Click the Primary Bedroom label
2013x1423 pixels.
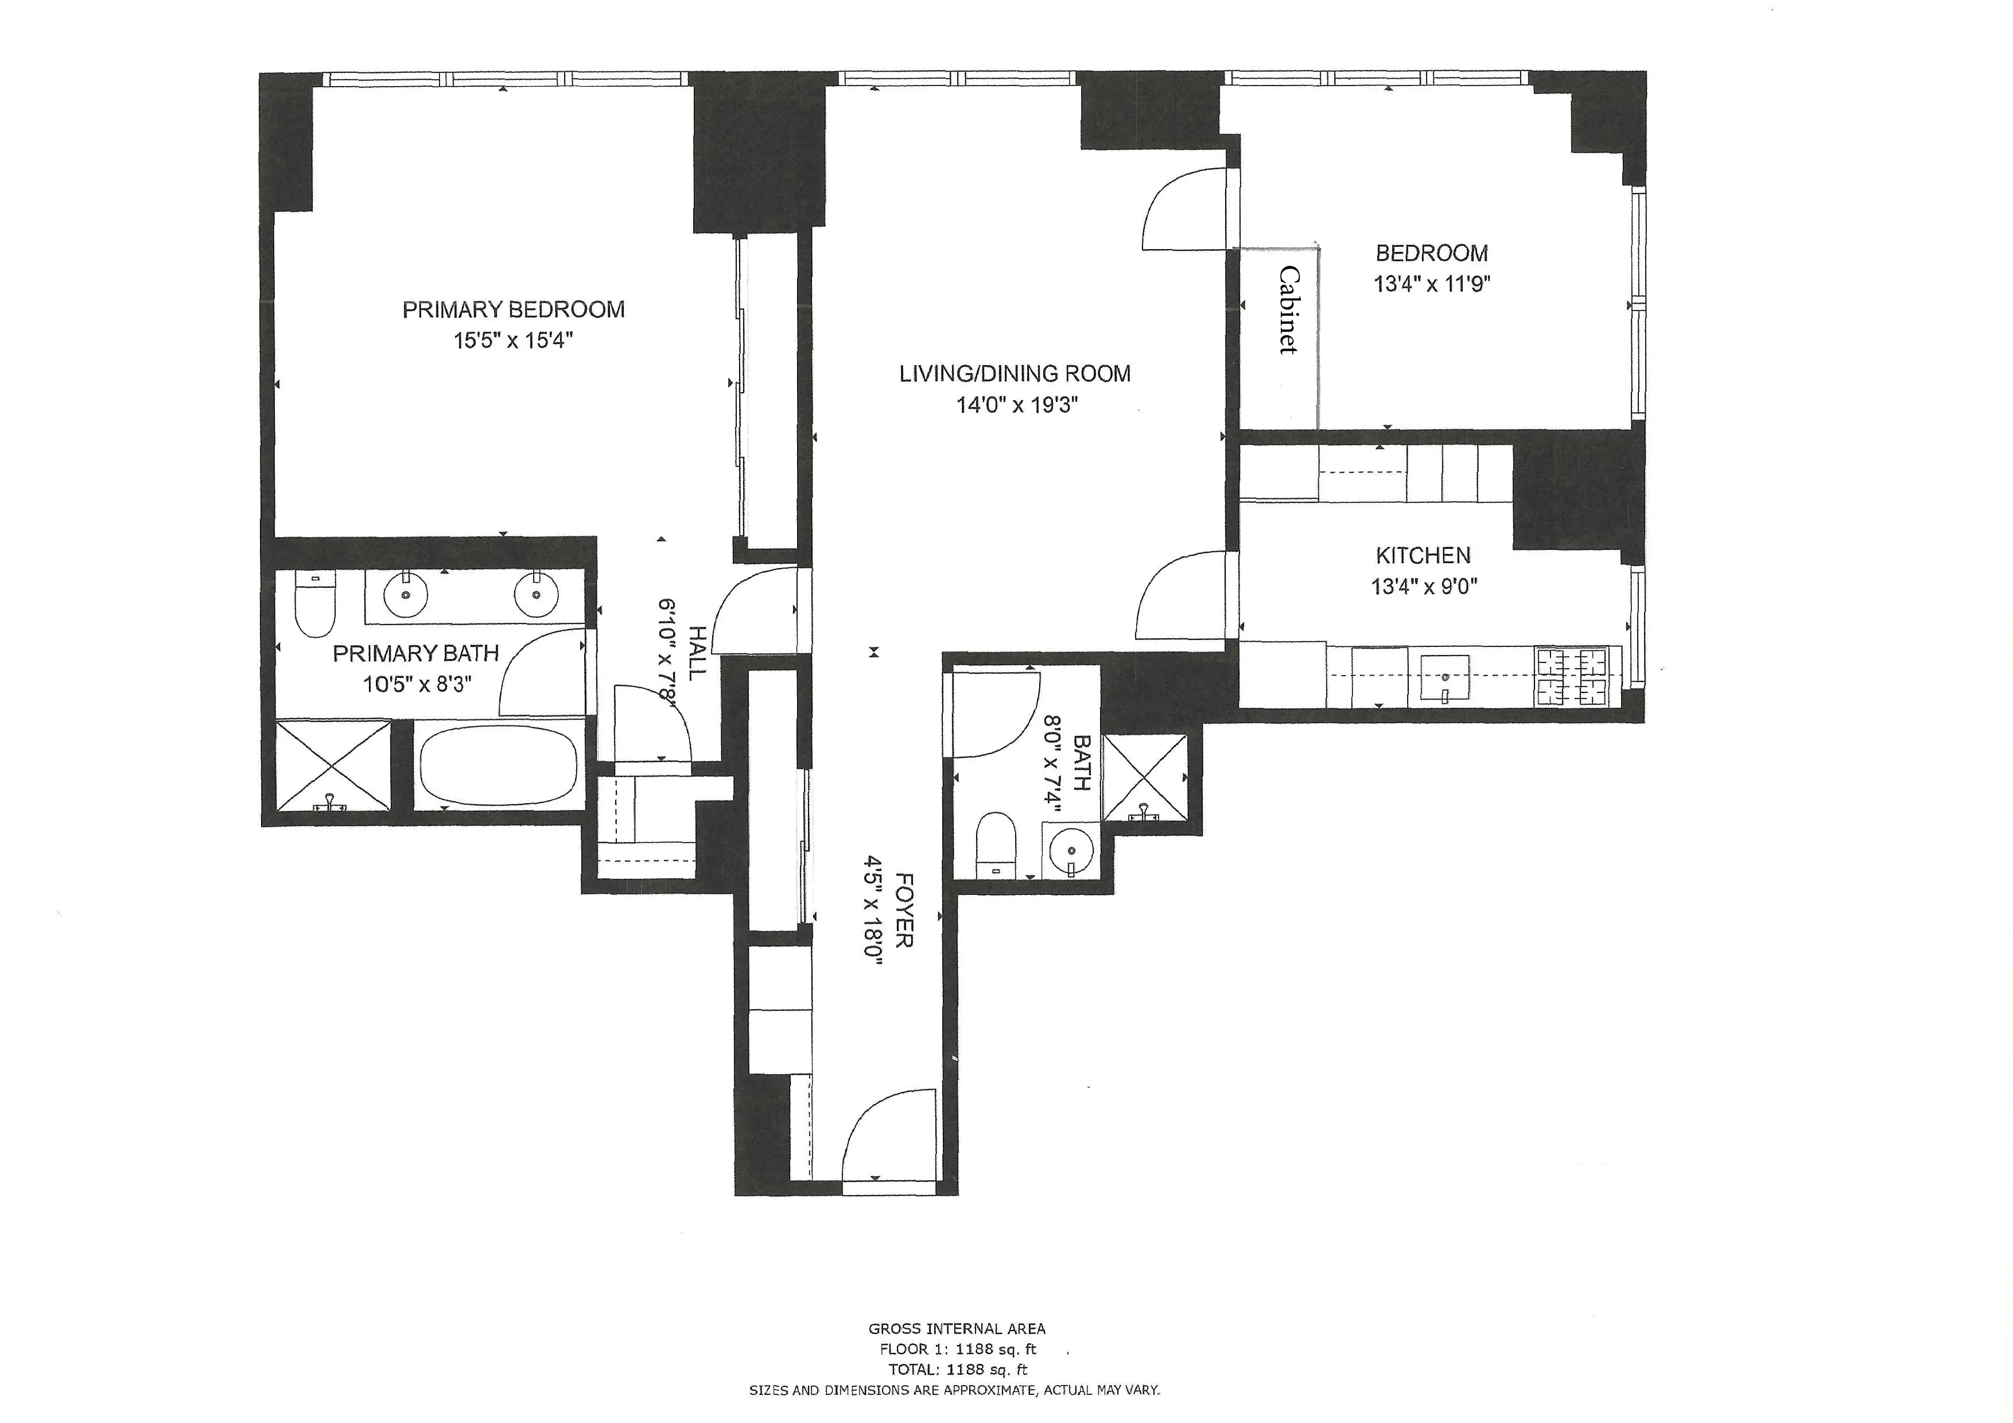513,309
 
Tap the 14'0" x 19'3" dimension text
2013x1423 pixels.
1016,405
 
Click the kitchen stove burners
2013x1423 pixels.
1572,677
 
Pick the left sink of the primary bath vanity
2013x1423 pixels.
406,595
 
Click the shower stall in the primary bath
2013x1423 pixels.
333,765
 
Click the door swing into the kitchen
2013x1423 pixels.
1179,596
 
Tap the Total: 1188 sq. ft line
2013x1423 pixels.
957,1370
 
